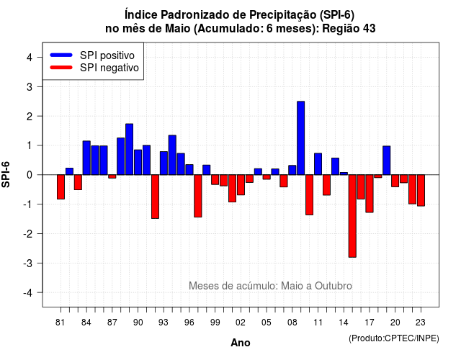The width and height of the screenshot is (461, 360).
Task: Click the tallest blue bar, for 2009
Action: [301, 138]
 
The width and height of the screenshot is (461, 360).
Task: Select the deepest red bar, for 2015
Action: [352, 216]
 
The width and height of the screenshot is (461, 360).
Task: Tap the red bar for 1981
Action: [61, 187]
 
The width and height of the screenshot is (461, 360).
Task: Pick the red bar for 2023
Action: [421, 190]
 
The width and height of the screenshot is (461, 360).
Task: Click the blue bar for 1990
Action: [138, 162]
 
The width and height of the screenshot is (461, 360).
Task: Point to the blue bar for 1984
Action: [86, 158]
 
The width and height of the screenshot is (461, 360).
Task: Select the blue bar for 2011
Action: [318, 164]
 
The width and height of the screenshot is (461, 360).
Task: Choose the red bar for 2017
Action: [370, 194]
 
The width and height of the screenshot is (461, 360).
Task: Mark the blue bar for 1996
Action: [189, 170]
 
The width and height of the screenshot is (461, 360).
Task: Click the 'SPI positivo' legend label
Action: [107, 55]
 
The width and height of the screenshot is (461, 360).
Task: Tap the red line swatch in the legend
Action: [61, 68]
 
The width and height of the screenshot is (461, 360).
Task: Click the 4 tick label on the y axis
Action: [30, 58]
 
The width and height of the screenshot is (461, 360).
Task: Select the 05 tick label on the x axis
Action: [267, 323]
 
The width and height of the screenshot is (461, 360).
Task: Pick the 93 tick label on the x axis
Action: [164, 323]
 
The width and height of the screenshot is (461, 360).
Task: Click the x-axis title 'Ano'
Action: [241, 343]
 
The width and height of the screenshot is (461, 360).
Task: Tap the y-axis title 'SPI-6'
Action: [6, 174]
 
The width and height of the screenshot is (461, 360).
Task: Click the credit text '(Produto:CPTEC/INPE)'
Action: [394, 338]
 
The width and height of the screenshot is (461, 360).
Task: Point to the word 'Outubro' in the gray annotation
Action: [334, 286]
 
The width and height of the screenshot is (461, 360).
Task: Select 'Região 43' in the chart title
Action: [349, 29]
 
